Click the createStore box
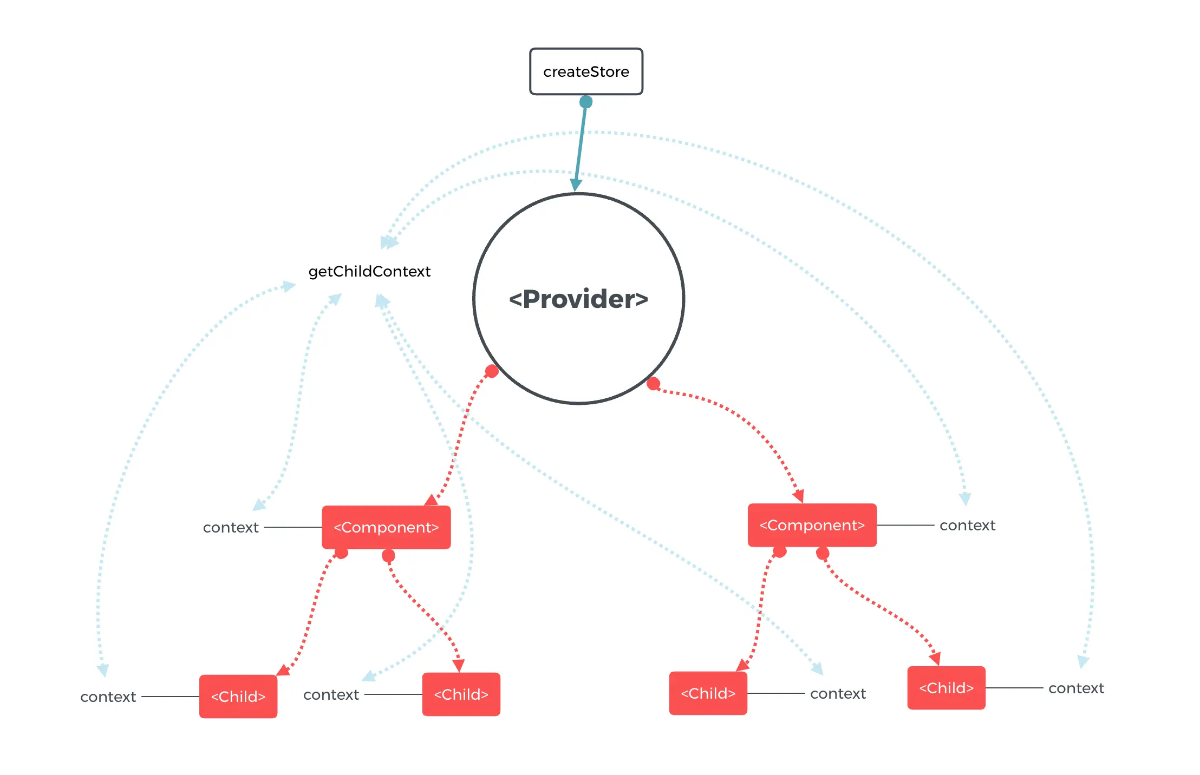(586, 71)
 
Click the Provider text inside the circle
(578, 299)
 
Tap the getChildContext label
(369, 271)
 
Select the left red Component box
(386, 527)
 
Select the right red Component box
(812, 525)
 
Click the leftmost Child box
(238, 696)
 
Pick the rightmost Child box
(946, 688)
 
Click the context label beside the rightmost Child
(1075, 688)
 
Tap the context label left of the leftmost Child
(108, 697)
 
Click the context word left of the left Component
(231, 528)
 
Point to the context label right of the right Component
(967, 526)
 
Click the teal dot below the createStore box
(586, 102)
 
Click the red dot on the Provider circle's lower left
(492, 371)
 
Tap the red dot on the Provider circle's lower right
(654, 384)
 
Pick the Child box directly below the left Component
(461, 694)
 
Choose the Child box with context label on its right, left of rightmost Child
(708, 693)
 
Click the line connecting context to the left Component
(293, 527)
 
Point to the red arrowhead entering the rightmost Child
(935, 658)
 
